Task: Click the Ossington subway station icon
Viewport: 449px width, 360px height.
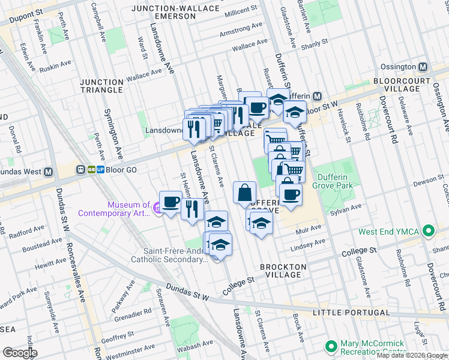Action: [x=423, y=67]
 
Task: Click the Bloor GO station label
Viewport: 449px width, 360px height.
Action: [x=122, y=170]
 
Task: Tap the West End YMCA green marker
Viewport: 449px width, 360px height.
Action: [x=428, y=230]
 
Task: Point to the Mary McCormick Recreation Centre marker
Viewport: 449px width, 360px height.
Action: [x=330, y=346]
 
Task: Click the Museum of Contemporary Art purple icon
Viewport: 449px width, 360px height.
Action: [x=157, y=208]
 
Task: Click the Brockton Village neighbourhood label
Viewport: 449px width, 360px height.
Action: [x=283, y=271]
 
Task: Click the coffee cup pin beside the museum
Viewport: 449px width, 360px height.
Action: [x=170, y=200]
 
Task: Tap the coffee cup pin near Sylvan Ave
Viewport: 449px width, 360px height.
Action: [x=291, y=194]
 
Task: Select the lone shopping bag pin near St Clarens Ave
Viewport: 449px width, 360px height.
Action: [x=244, y=193]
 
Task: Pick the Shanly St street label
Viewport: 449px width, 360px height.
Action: [x=315, y=43]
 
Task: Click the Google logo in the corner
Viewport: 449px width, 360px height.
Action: [x=19, y=353]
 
